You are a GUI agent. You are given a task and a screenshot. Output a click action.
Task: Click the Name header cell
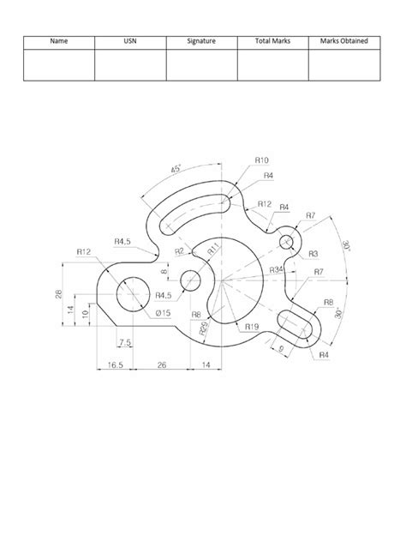coord(58,40)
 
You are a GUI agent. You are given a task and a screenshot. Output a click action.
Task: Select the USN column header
coord(129,40)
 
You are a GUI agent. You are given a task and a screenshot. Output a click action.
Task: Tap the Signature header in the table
coord(201,40)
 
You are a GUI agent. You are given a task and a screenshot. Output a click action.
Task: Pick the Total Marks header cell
coord(272,40)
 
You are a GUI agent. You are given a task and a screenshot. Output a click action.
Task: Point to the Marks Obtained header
coord(343,40)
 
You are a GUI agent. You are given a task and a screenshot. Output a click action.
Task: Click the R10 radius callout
coord(261,160)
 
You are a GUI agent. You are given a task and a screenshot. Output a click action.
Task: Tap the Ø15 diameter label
coord(164,313)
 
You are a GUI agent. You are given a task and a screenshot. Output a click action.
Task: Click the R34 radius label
coord(277,269)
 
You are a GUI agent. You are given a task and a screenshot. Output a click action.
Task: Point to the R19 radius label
coord(251,326)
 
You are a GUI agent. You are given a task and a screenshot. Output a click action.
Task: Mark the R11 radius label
coord(214,250)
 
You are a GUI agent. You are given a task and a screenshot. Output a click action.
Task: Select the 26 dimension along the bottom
coord(163,365)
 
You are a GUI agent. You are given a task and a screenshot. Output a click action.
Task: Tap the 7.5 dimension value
coord(125,343)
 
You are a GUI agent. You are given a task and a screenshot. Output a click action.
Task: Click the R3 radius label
coord(313,254)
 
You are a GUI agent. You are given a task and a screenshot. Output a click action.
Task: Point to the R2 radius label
coord(179,251)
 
